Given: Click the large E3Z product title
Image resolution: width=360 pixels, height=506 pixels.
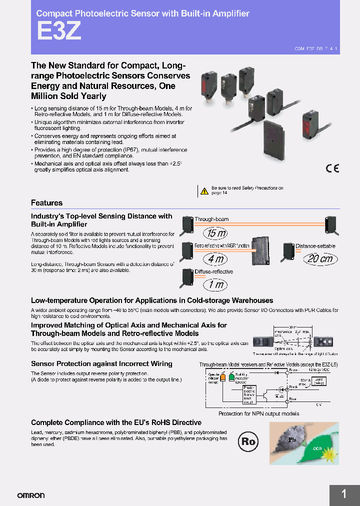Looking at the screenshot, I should pyautogui.click(x=58, y=32).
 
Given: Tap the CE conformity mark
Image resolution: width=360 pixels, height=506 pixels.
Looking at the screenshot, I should pyautogui.click(x=332, y=168).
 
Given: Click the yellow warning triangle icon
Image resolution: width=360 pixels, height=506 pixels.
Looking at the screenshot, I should pyautogui.click(x=204, y=190).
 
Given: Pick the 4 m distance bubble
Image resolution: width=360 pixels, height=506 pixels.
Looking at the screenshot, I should pyautogui.click(x=215, y=259).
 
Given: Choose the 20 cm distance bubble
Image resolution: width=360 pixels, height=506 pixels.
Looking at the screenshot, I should pyautogui.click(x=320, y=259).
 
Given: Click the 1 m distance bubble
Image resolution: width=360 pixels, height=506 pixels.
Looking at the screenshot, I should pyautogui.click(x=215, y=285).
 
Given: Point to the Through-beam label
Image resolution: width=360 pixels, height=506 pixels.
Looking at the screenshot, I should pyautogui.click(x=211, y=219).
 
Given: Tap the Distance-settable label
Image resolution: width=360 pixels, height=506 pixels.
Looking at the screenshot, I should pyautogui.click(x=315, y=246).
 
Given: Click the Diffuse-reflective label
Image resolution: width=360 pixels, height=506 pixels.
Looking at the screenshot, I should pyautogui.click(x=214, y=271).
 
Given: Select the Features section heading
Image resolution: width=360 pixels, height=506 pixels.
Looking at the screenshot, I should pyautogui.click(x=47, y=203).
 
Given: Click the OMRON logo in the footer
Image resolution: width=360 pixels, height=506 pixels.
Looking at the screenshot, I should pyautogui.click(x=31, y=495).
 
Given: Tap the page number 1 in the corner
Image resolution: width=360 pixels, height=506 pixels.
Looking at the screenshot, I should pyautogui.click(x=344, y=494).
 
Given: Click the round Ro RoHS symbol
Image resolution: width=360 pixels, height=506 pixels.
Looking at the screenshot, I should pyautogui.click(x=248, y=441).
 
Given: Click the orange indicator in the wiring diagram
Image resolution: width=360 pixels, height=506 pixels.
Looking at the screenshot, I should pyautogui.click(x=216, y=377).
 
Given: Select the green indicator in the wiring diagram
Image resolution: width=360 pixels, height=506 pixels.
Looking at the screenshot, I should pyautogui.click(x=231, y=377).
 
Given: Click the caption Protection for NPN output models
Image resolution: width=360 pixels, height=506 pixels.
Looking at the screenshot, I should pyautogui.click(x=258, y=413).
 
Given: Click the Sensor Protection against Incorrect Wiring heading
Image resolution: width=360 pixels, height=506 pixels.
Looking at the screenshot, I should pyautogui.click(x=101, y=364).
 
